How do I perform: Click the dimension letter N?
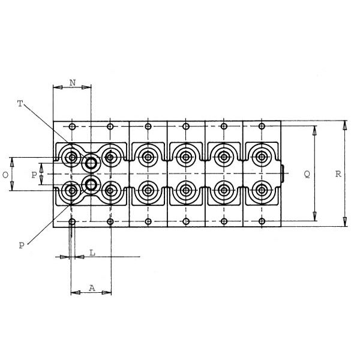73,83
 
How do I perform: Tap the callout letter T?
20,104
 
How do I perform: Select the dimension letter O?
5,175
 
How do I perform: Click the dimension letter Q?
307,175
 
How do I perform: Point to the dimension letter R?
338,174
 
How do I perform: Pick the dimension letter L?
92,253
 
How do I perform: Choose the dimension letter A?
92,288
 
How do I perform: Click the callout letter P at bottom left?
22,246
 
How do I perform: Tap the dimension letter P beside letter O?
34,175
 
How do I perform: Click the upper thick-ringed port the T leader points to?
91,163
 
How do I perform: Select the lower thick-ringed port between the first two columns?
91,184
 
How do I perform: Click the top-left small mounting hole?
72,127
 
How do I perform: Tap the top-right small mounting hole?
262,126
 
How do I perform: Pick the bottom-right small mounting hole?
262,221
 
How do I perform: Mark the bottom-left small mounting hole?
72,222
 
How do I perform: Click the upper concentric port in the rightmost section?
261,157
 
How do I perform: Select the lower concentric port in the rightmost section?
261,190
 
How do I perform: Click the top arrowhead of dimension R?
344,125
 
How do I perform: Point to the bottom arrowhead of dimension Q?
315,217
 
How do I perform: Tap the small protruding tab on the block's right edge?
283,173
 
